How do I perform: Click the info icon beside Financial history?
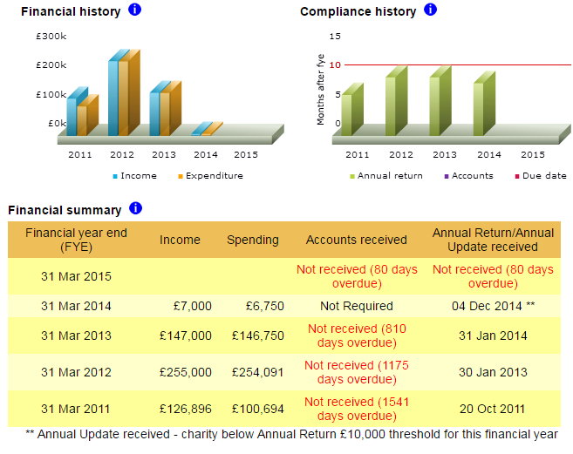[x=134, y=9]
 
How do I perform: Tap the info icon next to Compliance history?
[x=430, y=9]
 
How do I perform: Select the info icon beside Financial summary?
[x=135, y=208]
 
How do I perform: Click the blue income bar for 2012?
[x=113, y=98]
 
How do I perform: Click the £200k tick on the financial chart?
[x=51, y=65]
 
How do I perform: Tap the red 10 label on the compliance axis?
[x=335, y=65]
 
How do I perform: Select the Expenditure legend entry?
[x=210, y=176]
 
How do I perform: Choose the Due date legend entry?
[x=541, y=176]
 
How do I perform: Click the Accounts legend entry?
[x=468, y=176]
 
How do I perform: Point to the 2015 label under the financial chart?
[x=246, y=154]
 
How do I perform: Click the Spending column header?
[x=253, y=240]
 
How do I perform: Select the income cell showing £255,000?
[x=185, y=372]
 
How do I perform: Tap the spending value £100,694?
[x=257, y=409]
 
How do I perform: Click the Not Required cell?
[x=357, y=306]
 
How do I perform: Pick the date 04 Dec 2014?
[x=487, y=306]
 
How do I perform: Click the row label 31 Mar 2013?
[x=76, y=335]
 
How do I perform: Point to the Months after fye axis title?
[x=320, y=90]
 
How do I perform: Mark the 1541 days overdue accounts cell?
[x=357, y=409]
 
